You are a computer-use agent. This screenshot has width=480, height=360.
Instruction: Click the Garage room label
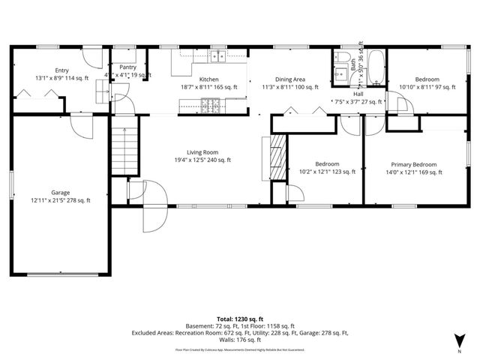coord(60,191)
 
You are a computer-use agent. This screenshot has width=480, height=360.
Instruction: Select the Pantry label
coord(128,67)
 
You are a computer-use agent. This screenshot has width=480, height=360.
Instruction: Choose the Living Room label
coord(192,151)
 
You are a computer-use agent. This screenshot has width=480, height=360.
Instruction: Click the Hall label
coord(358,94)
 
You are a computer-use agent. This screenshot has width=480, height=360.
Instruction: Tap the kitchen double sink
coord(218,56)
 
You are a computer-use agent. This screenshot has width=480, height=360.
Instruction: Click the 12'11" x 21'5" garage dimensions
coord(60,200)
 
